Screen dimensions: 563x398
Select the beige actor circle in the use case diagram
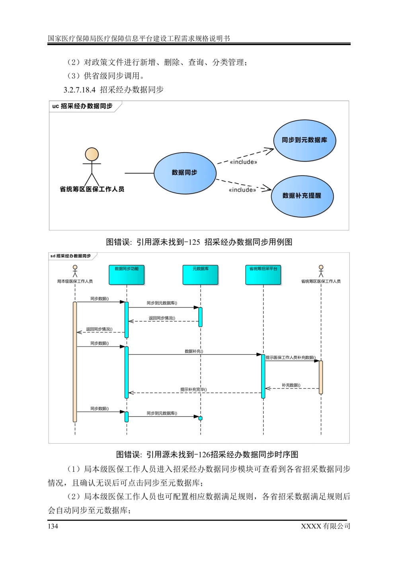92,154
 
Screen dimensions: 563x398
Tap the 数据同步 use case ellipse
185,173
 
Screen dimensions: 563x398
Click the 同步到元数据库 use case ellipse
304,140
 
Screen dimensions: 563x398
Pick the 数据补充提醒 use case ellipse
302,196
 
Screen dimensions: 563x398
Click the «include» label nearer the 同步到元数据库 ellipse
244,162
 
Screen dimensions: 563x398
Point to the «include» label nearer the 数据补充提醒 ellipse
242,190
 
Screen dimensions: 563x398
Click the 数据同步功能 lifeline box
127,275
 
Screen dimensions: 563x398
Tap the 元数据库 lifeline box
200,275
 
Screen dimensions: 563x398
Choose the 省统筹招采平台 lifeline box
263,275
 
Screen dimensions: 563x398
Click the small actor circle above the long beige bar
75,267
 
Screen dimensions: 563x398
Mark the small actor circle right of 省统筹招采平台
321,267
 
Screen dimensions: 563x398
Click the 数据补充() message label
194,351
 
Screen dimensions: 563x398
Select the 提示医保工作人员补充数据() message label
291,358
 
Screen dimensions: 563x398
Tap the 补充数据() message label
291,385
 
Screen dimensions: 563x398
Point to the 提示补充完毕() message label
193,390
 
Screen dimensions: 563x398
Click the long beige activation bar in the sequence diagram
75,362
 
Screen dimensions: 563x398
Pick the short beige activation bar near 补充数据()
321,377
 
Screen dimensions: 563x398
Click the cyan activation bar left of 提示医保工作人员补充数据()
263,376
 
